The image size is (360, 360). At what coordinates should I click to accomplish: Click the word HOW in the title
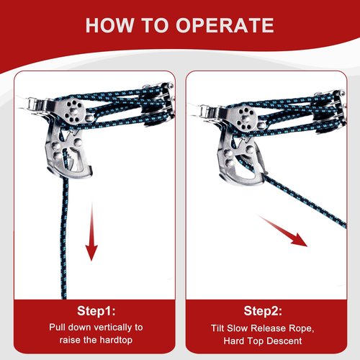pyautogui.click(x=109, y=25)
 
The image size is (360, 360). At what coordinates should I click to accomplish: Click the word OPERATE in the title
pyautogui.click(x=225, y=25)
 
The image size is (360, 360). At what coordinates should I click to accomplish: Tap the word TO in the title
pyautogui.click(x=155, y=25)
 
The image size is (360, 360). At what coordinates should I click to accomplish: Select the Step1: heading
pyautogui.click(x=96, y=311)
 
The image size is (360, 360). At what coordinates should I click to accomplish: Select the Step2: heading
pyautogui.click(x=263, y=311)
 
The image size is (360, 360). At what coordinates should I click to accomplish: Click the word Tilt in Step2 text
pyautogui.click(x=217, y=328)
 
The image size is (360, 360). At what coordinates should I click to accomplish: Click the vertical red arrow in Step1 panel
pyautogui.click(x=91, y=231)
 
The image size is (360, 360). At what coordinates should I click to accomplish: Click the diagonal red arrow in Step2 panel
pyautogui.click(x=282, y=230)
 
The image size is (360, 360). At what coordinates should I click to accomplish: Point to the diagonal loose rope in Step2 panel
pyautogui.click(x=305, y=201)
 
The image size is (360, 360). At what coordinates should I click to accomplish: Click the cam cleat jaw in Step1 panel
pyautogui.click(x=68, y=153)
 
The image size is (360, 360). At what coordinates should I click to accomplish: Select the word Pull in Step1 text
pyautogui.click(x=57, y=327)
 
